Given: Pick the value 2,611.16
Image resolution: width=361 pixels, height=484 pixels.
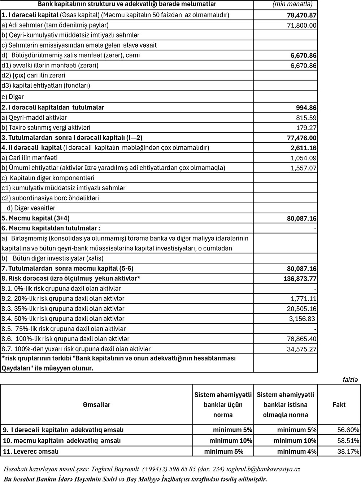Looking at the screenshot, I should (304, 148).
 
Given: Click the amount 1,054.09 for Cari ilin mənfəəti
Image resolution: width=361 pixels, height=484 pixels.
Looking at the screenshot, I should (304, 158).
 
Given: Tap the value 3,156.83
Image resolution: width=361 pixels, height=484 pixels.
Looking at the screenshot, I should (302, 319).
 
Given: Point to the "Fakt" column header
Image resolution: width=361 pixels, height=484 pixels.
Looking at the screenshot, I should (339, 405).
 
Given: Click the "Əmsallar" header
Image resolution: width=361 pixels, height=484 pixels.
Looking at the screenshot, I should (96, 405).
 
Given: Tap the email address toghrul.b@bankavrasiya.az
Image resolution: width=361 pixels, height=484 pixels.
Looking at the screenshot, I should (263, 469).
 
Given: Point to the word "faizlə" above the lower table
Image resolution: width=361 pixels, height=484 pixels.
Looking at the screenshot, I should (350, 379).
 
